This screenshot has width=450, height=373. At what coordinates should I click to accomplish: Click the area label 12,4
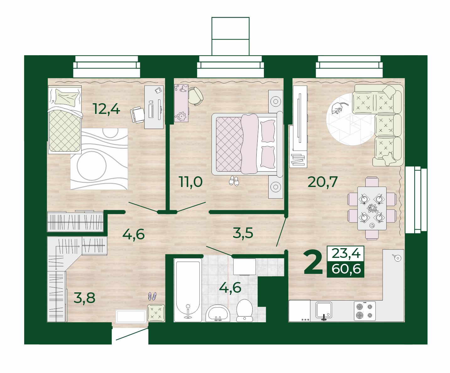[107, 109]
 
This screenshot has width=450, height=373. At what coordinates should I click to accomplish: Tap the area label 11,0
[191, 182]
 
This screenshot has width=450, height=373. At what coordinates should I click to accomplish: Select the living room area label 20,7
[322, 182]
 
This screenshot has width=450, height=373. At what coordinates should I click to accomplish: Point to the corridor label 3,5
[243, 233]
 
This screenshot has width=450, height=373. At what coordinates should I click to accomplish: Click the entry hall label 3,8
[84, 298]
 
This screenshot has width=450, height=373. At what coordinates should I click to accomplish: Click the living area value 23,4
[346, 253]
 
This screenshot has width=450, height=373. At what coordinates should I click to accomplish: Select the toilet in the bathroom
[244, 310]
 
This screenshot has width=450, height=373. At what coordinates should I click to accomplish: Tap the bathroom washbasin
[218, 313]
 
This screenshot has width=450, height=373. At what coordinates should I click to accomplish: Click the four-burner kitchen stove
[365, 311]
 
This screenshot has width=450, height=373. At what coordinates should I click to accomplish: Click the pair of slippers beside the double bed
[234, 181]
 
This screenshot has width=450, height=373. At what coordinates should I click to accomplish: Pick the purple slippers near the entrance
[152, 296]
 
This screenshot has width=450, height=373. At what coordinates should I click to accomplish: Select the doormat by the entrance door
[131, 316]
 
